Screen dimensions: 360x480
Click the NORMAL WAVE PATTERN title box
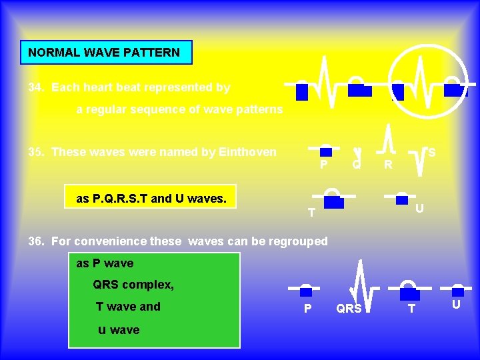(x=106, y=52)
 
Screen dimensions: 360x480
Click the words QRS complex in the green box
(x=133, y=285)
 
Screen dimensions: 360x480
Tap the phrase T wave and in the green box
(x=128, y=307)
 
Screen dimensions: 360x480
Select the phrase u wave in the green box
(x=119, y=329)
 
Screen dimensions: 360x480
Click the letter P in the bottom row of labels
(x=307, y=309)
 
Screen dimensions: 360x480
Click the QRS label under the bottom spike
(x=349, y=309)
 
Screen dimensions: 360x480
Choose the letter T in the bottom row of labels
(x=411, y=309)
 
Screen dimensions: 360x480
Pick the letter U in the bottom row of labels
(x=456, y=305)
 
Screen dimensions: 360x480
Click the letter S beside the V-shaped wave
(x=431, y=153)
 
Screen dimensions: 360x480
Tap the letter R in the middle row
(x=387, y=164)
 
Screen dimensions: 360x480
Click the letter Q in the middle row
(x=357, y=163)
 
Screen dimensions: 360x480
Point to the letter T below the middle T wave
(x=311, y=213)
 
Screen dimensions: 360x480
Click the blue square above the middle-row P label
(x=325, y=151)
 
